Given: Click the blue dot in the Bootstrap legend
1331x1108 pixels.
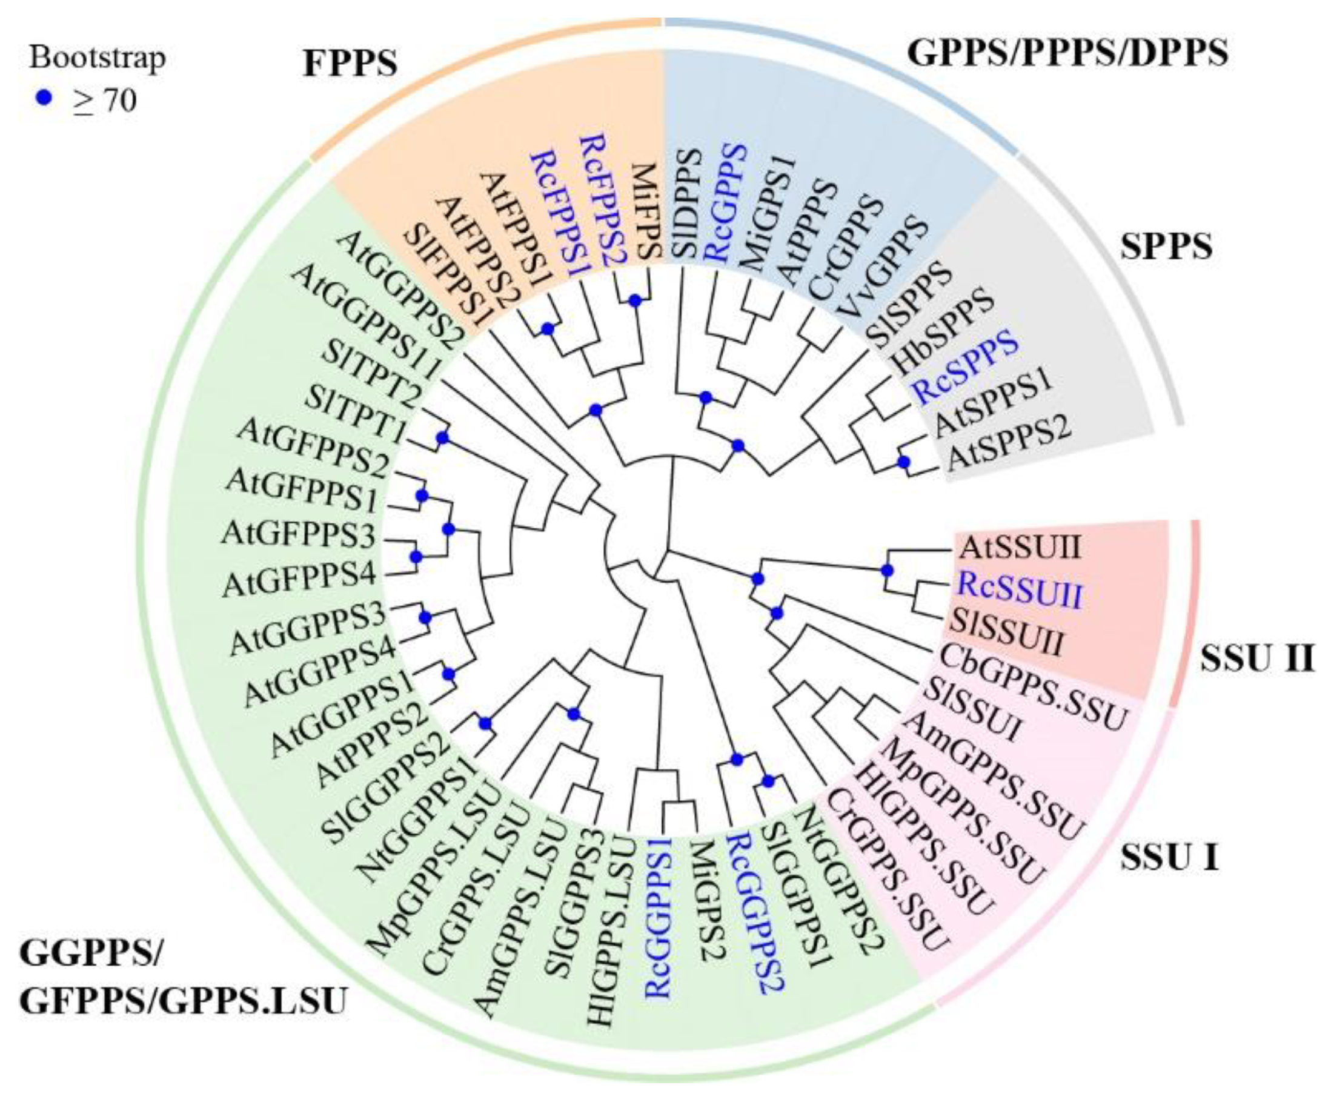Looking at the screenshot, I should point(43,98).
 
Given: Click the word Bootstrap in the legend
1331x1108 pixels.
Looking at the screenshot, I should point(97,57).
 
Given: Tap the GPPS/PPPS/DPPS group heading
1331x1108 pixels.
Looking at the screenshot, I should point(1067,53).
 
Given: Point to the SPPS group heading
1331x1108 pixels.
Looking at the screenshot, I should point(1166,246).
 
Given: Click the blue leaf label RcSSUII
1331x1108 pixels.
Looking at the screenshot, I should point(1019,589).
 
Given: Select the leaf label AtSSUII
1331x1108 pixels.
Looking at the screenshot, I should point(1019,547).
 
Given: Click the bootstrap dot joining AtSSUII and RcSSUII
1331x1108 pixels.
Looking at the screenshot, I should point(887,571).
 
